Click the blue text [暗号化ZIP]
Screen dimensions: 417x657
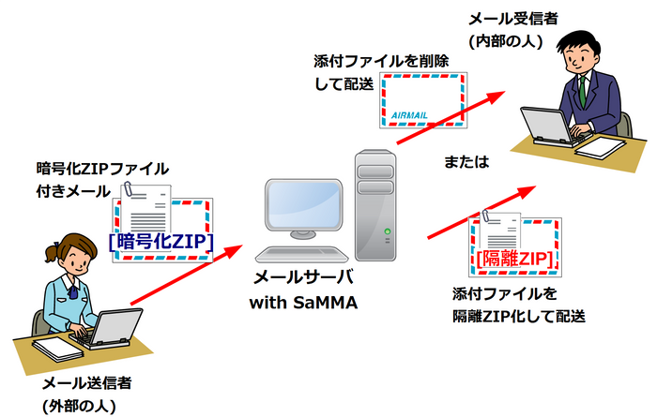tap(162, 243)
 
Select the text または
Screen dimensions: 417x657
tap(466, 162)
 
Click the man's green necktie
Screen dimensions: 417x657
tap(582, 90)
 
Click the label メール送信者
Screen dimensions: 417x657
tap(86, 384)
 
